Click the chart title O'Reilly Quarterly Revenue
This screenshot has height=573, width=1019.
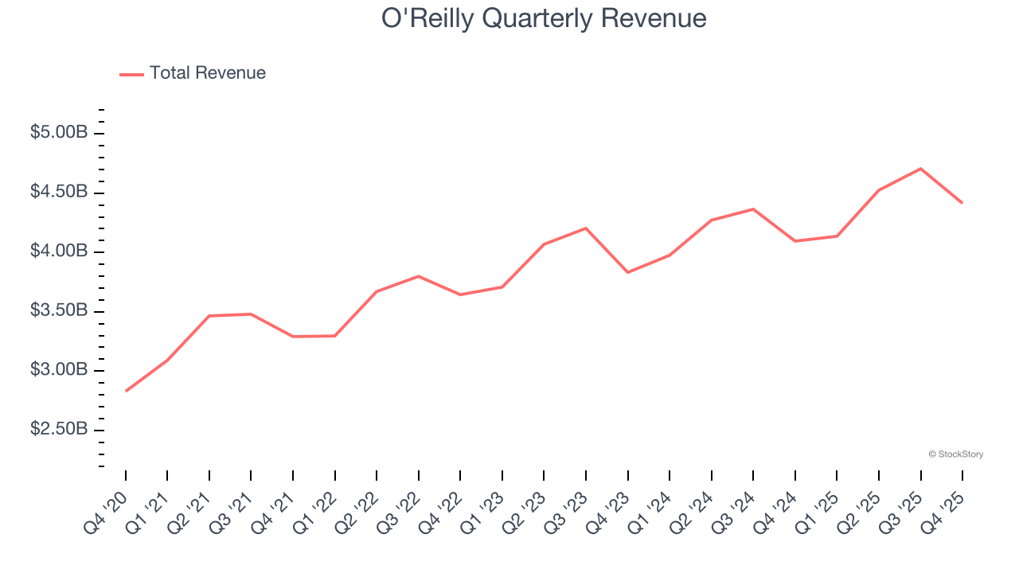click(544, 18)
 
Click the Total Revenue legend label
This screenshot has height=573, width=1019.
click(207, 73)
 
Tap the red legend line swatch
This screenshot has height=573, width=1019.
click(131, 74)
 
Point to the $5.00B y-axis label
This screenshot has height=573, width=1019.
click(59, 133)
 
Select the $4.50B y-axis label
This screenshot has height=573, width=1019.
click(59, 193)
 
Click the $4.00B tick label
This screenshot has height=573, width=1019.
click(59, 251)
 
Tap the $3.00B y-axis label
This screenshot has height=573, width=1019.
click(59, 370)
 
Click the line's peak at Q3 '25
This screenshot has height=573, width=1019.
click(920, 169)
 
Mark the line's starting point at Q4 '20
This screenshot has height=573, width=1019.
click(126, 391)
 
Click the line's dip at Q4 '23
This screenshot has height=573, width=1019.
click(628, 272)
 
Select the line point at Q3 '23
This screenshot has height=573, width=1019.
click(586, 228)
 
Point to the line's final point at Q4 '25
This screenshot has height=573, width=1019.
click(962, 203)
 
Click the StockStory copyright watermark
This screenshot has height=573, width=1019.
click(955, 454)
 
